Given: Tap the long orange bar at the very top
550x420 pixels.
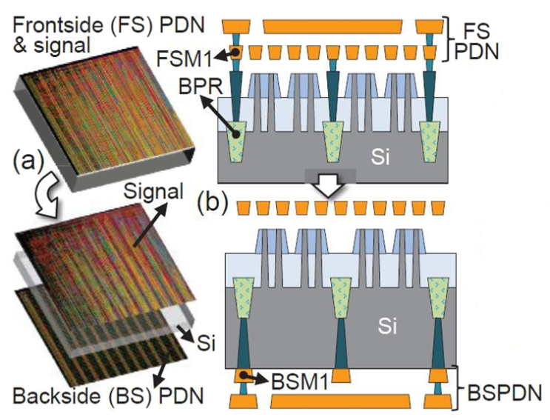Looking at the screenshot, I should [332, 27].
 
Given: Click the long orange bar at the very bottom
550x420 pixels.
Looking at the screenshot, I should [341, 401].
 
